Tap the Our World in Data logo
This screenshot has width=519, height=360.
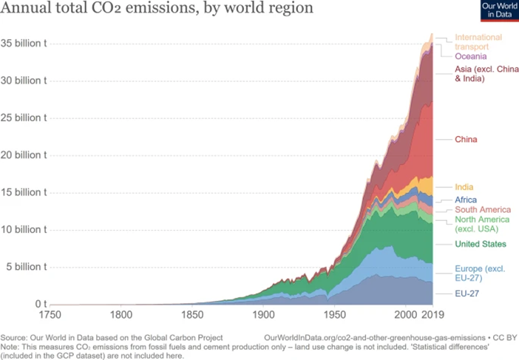tap(498, 10)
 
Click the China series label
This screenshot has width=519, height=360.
tap(466, 139)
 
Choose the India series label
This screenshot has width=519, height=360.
tap(464, 187)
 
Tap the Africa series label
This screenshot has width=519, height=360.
tap(466, 200)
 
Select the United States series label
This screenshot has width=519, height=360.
tap(480, 244)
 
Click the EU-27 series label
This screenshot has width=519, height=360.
tap(467, 293)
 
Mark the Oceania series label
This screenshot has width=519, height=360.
tap(471, 56)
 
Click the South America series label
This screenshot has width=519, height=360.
tap(482, 210)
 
